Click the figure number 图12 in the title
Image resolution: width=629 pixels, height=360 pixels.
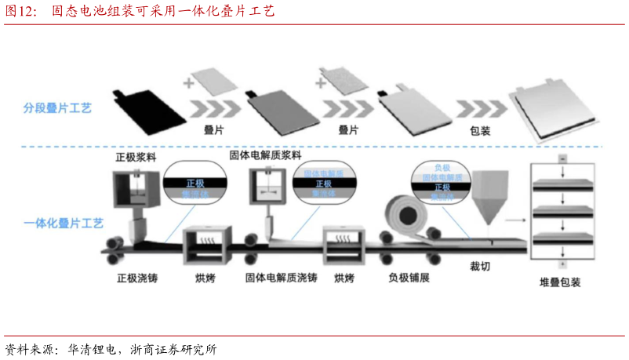click(20, 11)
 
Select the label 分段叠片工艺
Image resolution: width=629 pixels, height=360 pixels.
click(60, 107)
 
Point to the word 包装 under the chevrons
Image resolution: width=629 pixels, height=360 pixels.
click(480, 131)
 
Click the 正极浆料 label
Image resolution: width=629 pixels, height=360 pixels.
click(136, 155)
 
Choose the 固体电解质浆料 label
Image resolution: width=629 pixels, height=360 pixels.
click(265, 155)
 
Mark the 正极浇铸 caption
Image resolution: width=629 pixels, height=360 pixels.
click(137, 278)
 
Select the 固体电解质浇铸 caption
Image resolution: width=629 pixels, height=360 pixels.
click(282, 278)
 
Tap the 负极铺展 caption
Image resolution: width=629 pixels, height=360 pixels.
click(409, 278)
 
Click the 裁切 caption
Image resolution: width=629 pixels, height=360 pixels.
click(480, 267)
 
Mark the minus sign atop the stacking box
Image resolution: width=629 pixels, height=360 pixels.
click(562, 159)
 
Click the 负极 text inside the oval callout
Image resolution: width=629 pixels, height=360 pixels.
click(442, 168)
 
